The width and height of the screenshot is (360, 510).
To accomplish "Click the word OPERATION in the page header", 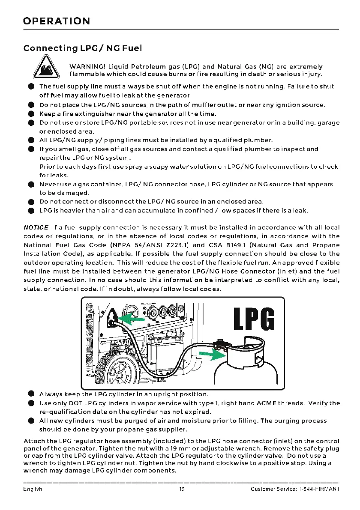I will tap(57, 21).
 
